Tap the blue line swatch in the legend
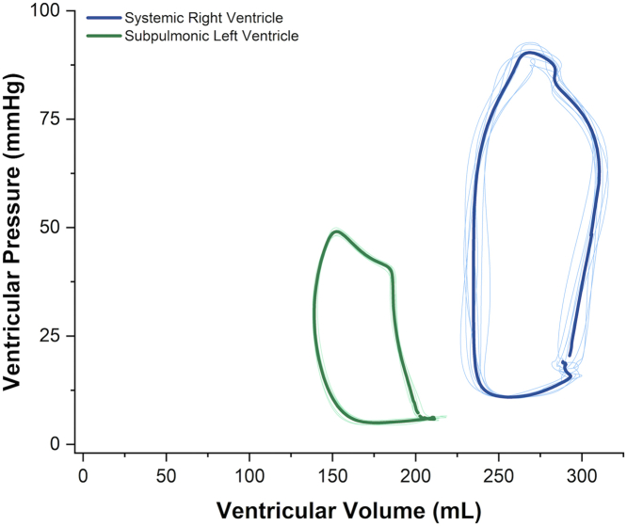pyautogui.click(x=104, y=18)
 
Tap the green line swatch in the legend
pyautogui.click(x=104, y=36)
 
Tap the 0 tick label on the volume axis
pyautogui.click(x=84, y=470)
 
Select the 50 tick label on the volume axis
pyautogui.click(x=167, y=470)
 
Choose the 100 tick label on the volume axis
pyautogui.click(x=249, y=470)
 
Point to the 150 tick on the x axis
pyautogui.click(x=332, y=470)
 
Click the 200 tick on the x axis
pyautogui.click(x=415, y=470)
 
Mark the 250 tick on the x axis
pyautogui.click(x=499, y=470)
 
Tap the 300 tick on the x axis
pyautogui.click(x=582, y=470)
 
